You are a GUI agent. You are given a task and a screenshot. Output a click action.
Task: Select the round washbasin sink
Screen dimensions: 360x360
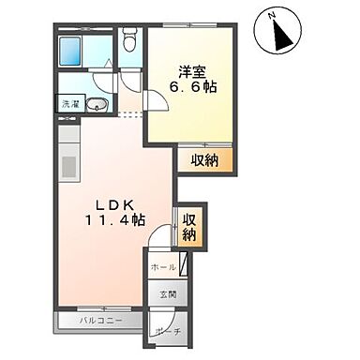coord(97,104)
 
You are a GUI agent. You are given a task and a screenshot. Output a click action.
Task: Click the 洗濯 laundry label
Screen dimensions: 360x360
coord(69,103)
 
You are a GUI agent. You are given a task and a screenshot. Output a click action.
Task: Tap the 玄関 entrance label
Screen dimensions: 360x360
coord(167,297)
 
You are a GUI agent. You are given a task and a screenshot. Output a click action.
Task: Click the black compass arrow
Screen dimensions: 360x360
coord(281,36)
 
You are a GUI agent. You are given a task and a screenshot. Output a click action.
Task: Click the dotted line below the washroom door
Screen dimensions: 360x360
coord(130,114)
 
